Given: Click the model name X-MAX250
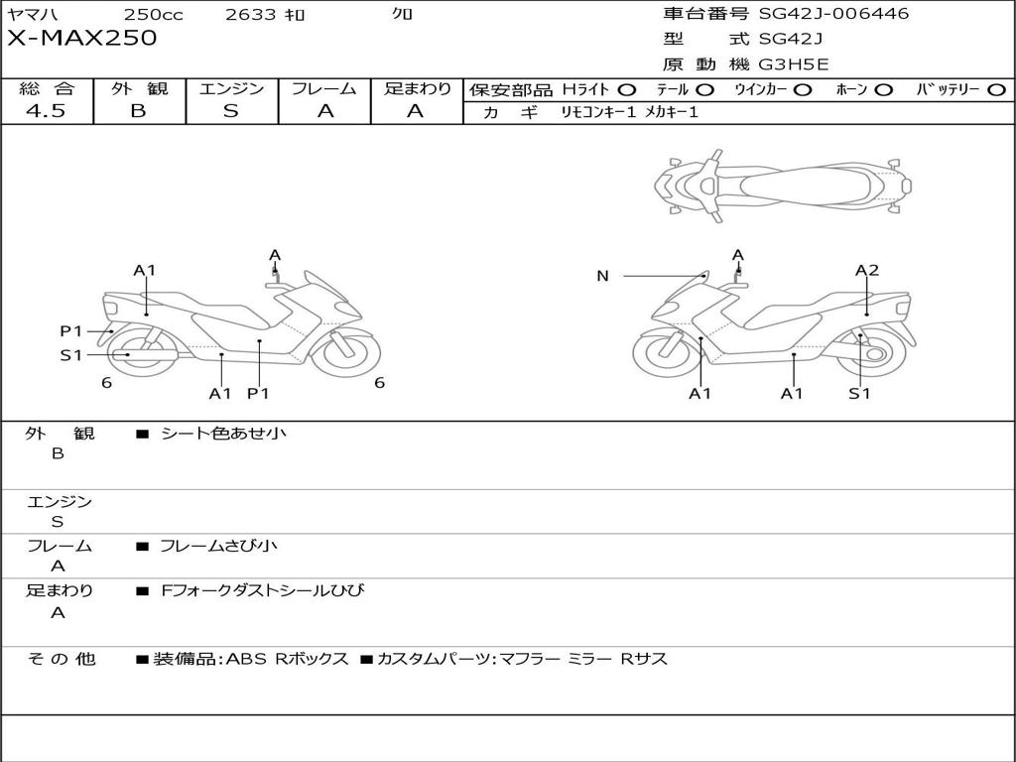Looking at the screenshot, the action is tap(81, 39).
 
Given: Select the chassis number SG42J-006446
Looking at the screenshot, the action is tap(833, 14).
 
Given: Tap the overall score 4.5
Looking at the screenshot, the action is tap(46, 111).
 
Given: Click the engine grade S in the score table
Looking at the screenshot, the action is tap(231, 111).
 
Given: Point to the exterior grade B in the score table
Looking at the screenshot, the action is tap(139, 111).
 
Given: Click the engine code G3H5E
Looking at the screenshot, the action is tap(794, 64).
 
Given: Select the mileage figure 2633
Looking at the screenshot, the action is tap(252, 15).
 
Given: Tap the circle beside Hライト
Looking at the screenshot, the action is tap(627, 90).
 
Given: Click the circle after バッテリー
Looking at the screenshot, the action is tap(996, 90).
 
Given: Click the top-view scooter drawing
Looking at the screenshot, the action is tap(782, 185).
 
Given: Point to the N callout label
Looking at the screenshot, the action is tap(602, 276).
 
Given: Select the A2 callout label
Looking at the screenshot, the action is tap(867, 270).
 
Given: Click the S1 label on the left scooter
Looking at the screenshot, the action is tap(70, 355).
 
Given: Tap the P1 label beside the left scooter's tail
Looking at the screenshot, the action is tap(70, 331).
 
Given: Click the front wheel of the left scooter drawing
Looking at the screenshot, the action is tap(346, 351).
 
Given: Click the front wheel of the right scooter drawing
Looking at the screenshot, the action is tap(667, 351).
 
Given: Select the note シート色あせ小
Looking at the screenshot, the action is tap(224, 434).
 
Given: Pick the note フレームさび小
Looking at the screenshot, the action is tap(218, 546).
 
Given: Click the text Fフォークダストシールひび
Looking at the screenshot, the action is tap(263, 591).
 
